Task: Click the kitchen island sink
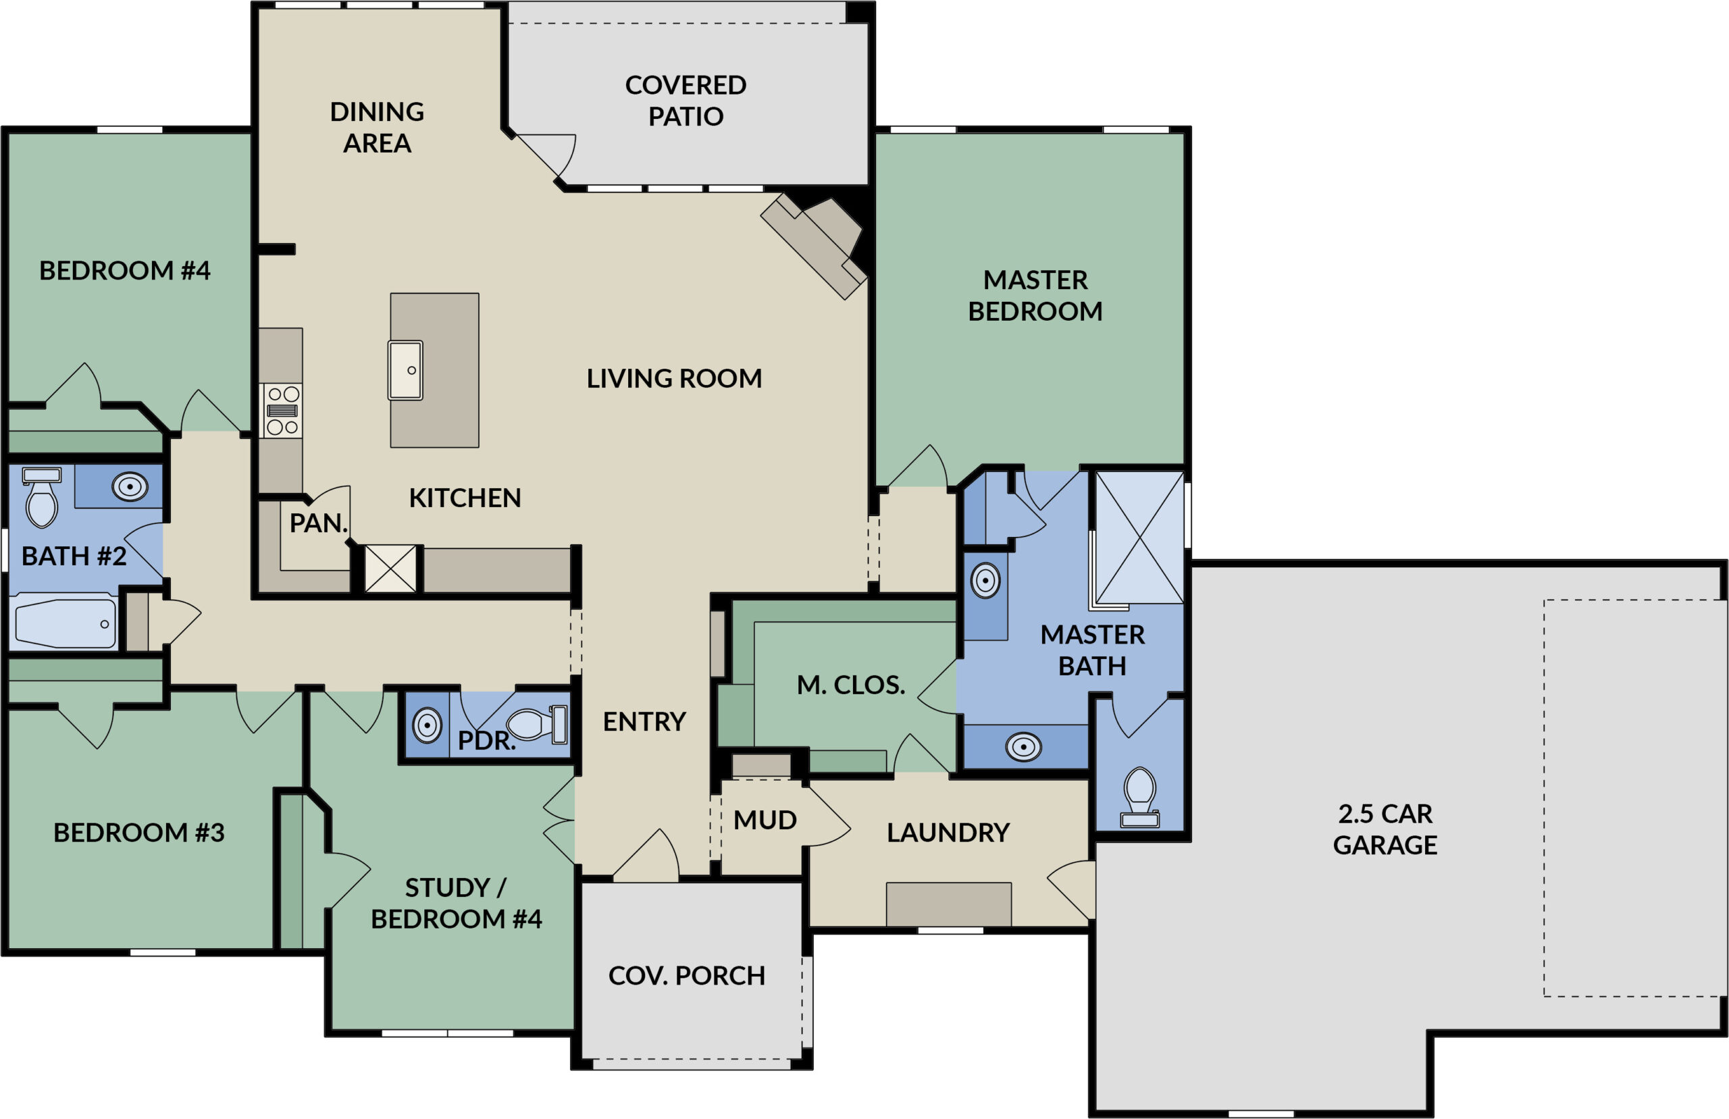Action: coord(405,370)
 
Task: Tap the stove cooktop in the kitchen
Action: coord(282,411)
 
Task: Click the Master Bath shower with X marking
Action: coord(1139,536)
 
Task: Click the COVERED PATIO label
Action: coord(685,100)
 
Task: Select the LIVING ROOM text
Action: coord(673,378)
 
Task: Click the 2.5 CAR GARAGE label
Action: coord(1384,829)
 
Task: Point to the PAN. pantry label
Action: coord(317,523)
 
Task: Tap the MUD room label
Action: coord(765,820)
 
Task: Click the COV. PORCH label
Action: coord(686,975)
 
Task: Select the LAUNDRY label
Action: coord(948,832)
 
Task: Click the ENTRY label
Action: coord(644,721)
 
